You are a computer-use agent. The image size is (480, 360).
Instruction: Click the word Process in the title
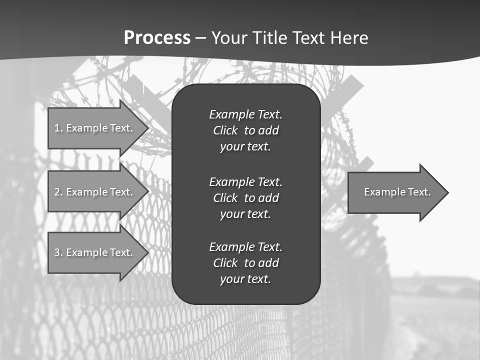coord(157,38)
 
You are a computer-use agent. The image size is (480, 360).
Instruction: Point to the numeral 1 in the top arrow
coord(56,128)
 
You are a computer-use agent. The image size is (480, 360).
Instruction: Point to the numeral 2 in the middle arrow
coord(57,192)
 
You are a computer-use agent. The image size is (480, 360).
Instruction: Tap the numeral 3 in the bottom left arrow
coord(57,252)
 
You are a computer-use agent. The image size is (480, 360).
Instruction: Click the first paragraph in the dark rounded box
coord(245,130)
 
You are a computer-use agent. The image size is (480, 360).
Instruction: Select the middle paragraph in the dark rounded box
coord(245,197)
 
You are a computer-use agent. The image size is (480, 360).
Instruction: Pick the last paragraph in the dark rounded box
coord(245,263)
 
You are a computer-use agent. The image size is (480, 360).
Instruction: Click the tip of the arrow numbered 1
coord(148,128)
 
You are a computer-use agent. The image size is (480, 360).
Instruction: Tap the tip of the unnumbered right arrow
coord(448,192)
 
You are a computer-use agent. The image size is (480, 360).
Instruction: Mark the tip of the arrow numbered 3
coord(148,252)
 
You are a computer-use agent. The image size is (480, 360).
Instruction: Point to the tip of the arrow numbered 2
coord(148,192)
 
